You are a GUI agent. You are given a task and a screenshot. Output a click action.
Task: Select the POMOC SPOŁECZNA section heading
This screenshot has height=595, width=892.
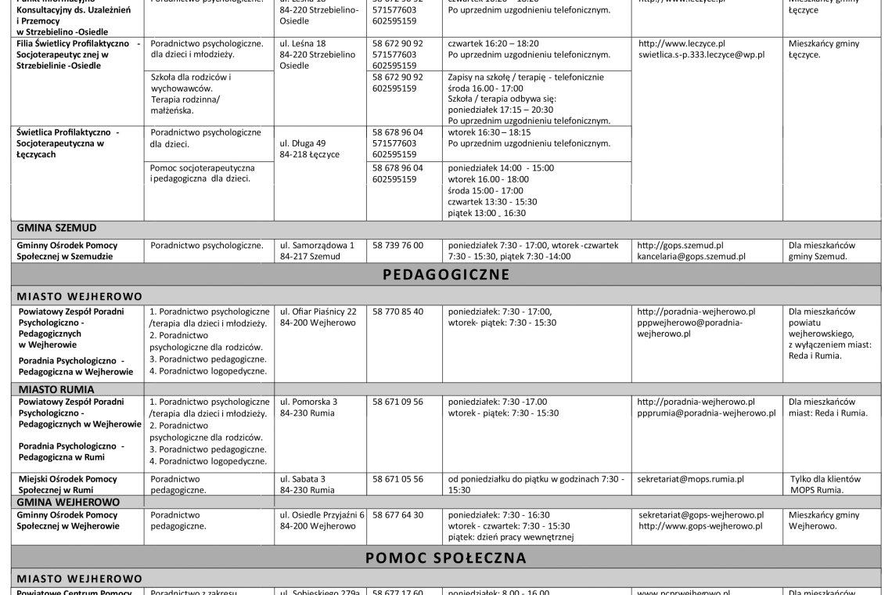(x=446, y=558)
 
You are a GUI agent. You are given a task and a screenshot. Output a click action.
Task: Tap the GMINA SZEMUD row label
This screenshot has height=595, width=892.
(x=56, y=228)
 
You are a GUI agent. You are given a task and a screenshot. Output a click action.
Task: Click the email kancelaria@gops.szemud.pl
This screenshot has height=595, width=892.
(x=691, y=256)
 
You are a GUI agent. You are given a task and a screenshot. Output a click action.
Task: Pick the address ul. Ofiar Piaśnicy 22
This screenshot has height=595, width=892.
(x=323, y=312)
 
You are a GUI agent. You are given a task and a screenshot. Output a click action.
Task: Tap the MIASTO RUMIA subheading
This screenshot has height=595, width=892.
(x=56, y=388)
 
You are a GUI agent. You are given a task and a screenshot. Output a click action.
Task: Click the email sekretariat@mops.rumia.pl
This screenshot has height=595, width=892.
(x=691, y=478)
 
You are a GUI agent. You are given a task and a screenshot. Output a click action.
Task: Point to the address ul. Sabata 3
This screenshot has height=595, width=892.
(x=303, y=478)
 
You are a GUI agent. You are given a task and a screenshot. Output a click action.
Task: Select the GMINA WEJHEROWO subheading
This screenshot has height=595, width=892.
(x=68, y=501)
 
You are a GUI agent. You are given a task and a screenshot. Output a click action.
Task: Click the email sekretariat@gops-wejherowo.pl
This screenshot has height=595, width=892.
(x=701, y=515)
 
